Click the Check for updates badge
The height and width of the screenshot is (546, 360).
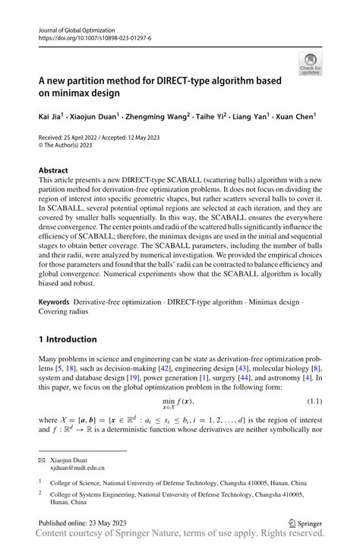[x=310, y=64]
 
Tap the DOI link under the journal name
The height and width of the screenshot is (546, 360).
[x=94, y=36]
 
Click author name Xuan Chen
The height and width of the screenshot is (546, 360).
[x=295, y=117]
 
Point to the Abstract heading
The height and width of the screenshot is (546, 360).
[x=52, y=171]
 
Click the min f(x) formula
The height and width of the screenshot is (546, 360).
[x=179, y=403]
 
